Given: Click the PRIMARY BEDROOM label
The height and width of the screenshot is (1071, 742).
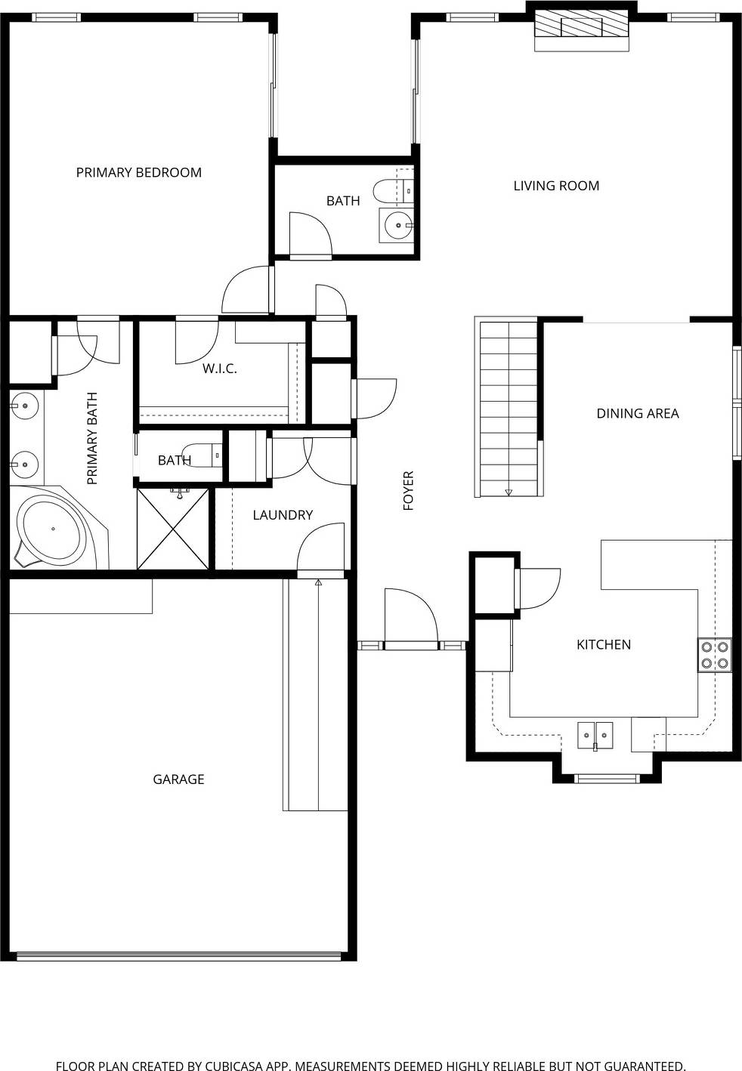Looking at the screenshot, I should (138, 172).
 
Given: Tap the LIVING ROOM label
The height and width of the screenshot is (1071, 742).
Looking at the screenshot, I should (556, 186).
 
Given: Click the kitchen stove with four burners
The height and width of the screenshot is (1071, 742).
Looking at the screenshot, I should (714, 655).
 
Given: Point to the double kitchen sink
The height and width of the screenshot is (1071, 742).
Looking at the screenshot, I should (595, 735).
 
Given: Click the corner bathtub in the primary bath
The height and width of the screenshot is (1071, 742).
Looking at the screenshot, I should (51, 529).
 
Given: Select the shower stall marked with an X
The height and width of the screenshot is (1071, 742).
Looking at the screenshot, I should (173, 529).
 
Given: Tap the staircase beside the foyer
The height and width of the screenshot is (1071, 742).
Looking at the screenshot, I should (509, 408).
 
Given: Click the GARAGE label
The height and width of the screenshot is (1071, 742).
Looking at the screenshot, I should (178, 779).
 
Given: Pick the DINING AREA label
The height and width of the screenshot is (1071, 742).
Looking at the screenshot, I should (637, 413).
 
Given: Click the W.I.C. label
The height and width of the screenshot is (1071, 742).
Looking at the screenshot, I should (219, 369).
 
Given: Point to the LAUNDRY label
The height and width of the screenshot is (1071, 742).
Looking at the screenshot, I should (283, 515).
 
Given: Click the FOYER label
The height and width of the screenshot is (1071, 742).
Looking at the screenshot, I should (409, 490).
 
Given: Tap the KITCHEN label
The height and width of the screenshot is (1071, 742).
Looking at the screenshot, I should (603, 644).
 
